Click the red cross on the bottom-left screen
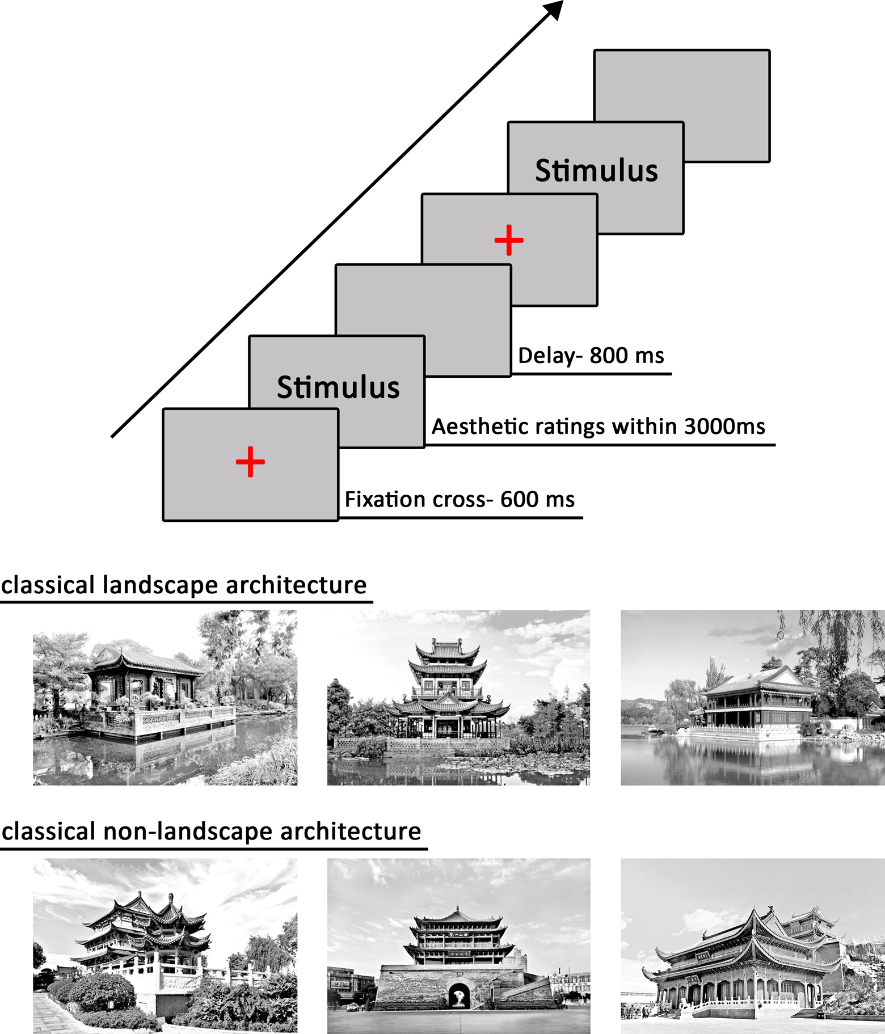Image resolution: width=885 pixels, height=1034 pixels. tap(250, 462)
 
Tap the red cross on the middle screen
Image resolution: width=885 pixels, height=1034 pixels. tap(509, 240)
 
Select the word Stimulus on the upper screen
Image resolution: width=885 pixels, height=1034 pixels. tap(596, 170)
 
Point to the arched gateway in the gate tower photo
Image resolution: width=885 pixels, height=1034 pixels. tap(459, 996)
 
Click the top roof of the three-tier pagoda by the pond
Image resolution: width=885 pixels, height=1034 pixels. tap(448, 647)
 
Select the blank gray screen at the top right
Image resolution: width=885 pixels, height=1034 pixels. tap(726, 85)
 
